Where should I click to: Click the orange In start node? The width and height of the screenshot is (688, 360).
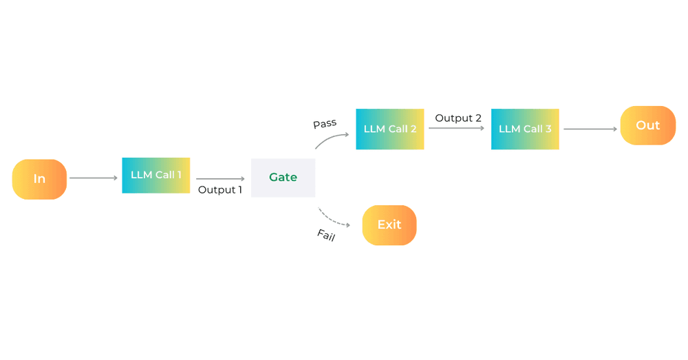point(39,179)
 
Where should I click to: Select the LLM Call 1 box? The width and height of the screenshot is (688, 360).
point(156,176)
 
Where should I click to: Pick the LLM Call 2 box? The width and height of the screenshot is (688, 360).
point(390,129)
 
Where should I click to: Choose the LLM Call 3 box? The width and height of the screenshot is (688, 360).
point(525,129)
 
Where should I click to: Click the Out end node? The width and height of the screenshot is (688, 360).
point(648,125)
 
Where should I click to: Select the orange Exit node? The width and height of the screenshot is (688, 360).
point(389,225)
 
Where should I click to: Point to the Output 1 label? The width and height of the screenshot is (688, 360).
point(220,190)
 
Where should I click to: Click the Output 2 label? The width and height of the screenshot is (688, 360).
point(458,118)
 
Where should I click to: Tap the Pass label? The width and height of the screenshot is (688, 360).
point(325,124)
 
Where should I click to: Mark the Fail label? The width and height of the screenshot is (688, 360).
point(326,235)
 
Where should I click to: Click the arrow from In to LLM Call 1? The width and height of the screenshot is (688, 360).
point(94,178)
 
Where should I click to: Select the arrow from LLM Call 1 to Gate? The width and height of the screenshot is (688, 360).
point(220,179)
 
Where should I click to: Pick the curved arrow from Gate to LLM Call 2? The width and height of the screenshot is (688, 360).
point(331,139)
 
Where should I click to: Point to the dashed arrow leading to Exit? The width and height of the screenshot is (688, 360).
point(337,218)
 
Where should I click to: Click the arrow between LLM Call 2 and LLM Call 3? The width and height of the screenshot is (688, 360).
point(458,129)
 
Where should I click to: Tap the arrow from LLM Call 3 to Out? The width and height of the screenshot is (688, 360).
point(590,129)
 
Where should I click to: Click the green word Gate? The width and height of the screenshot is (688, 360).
point(283,178)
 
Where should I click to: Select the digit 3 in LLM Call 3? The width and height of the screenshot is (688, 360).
point(548,129)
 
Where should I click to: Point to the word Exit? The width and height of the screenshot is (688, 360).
point(389,225)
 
